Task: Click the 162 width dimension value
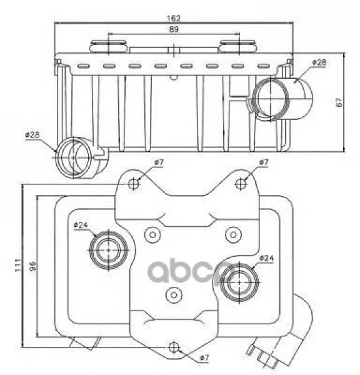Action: pyautogui.click(x=174, y=18)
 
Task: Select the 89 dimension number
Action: pyautogui.click(x=174, y=29)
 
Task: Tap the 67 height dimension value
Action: pyautogui.click(x=339, y=102)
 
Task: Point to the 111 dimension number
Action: pyautogui.click(x=18, y=265)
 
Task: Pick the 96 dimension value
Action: pyautogui.click(x=32, y=266)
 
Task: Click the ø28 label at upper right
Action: pyautogui.click(x=319, y=62)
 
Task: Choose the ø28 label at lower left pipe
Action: pyautogui.click(x=32, y=134)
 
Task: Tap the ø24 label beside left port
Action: pyautogui.click(x=81, y=225)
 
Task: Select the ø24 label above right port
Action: pyautogui.click(x=266, y=258)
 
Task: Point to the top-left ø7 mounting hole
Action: pyautogui.click(x=134, y=184)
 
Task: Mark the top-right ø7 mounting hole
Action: pyautogui.click(x=241, y=184)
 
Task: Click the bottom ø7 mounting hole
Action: pyautogui.click(x=174, y=347)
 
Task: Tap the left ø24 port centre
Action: pyautogui.click(x=108, y=250)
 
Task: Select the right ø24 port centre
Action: pyautogui.click(x=239, y=282)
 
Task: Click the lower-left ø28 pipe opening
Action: pyautogui.click(x=74, y=157)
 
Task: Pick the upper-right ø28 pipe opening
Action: pyautogui.click(x=271, y=99)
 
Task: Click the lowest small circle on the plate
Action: pyautogui.click(x=174, y=295)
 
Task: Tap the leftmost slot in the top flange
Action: pyautogui.click(x=84, y=66)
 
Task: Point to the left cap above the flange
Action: pyautogui.click(x=108, y=46)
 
